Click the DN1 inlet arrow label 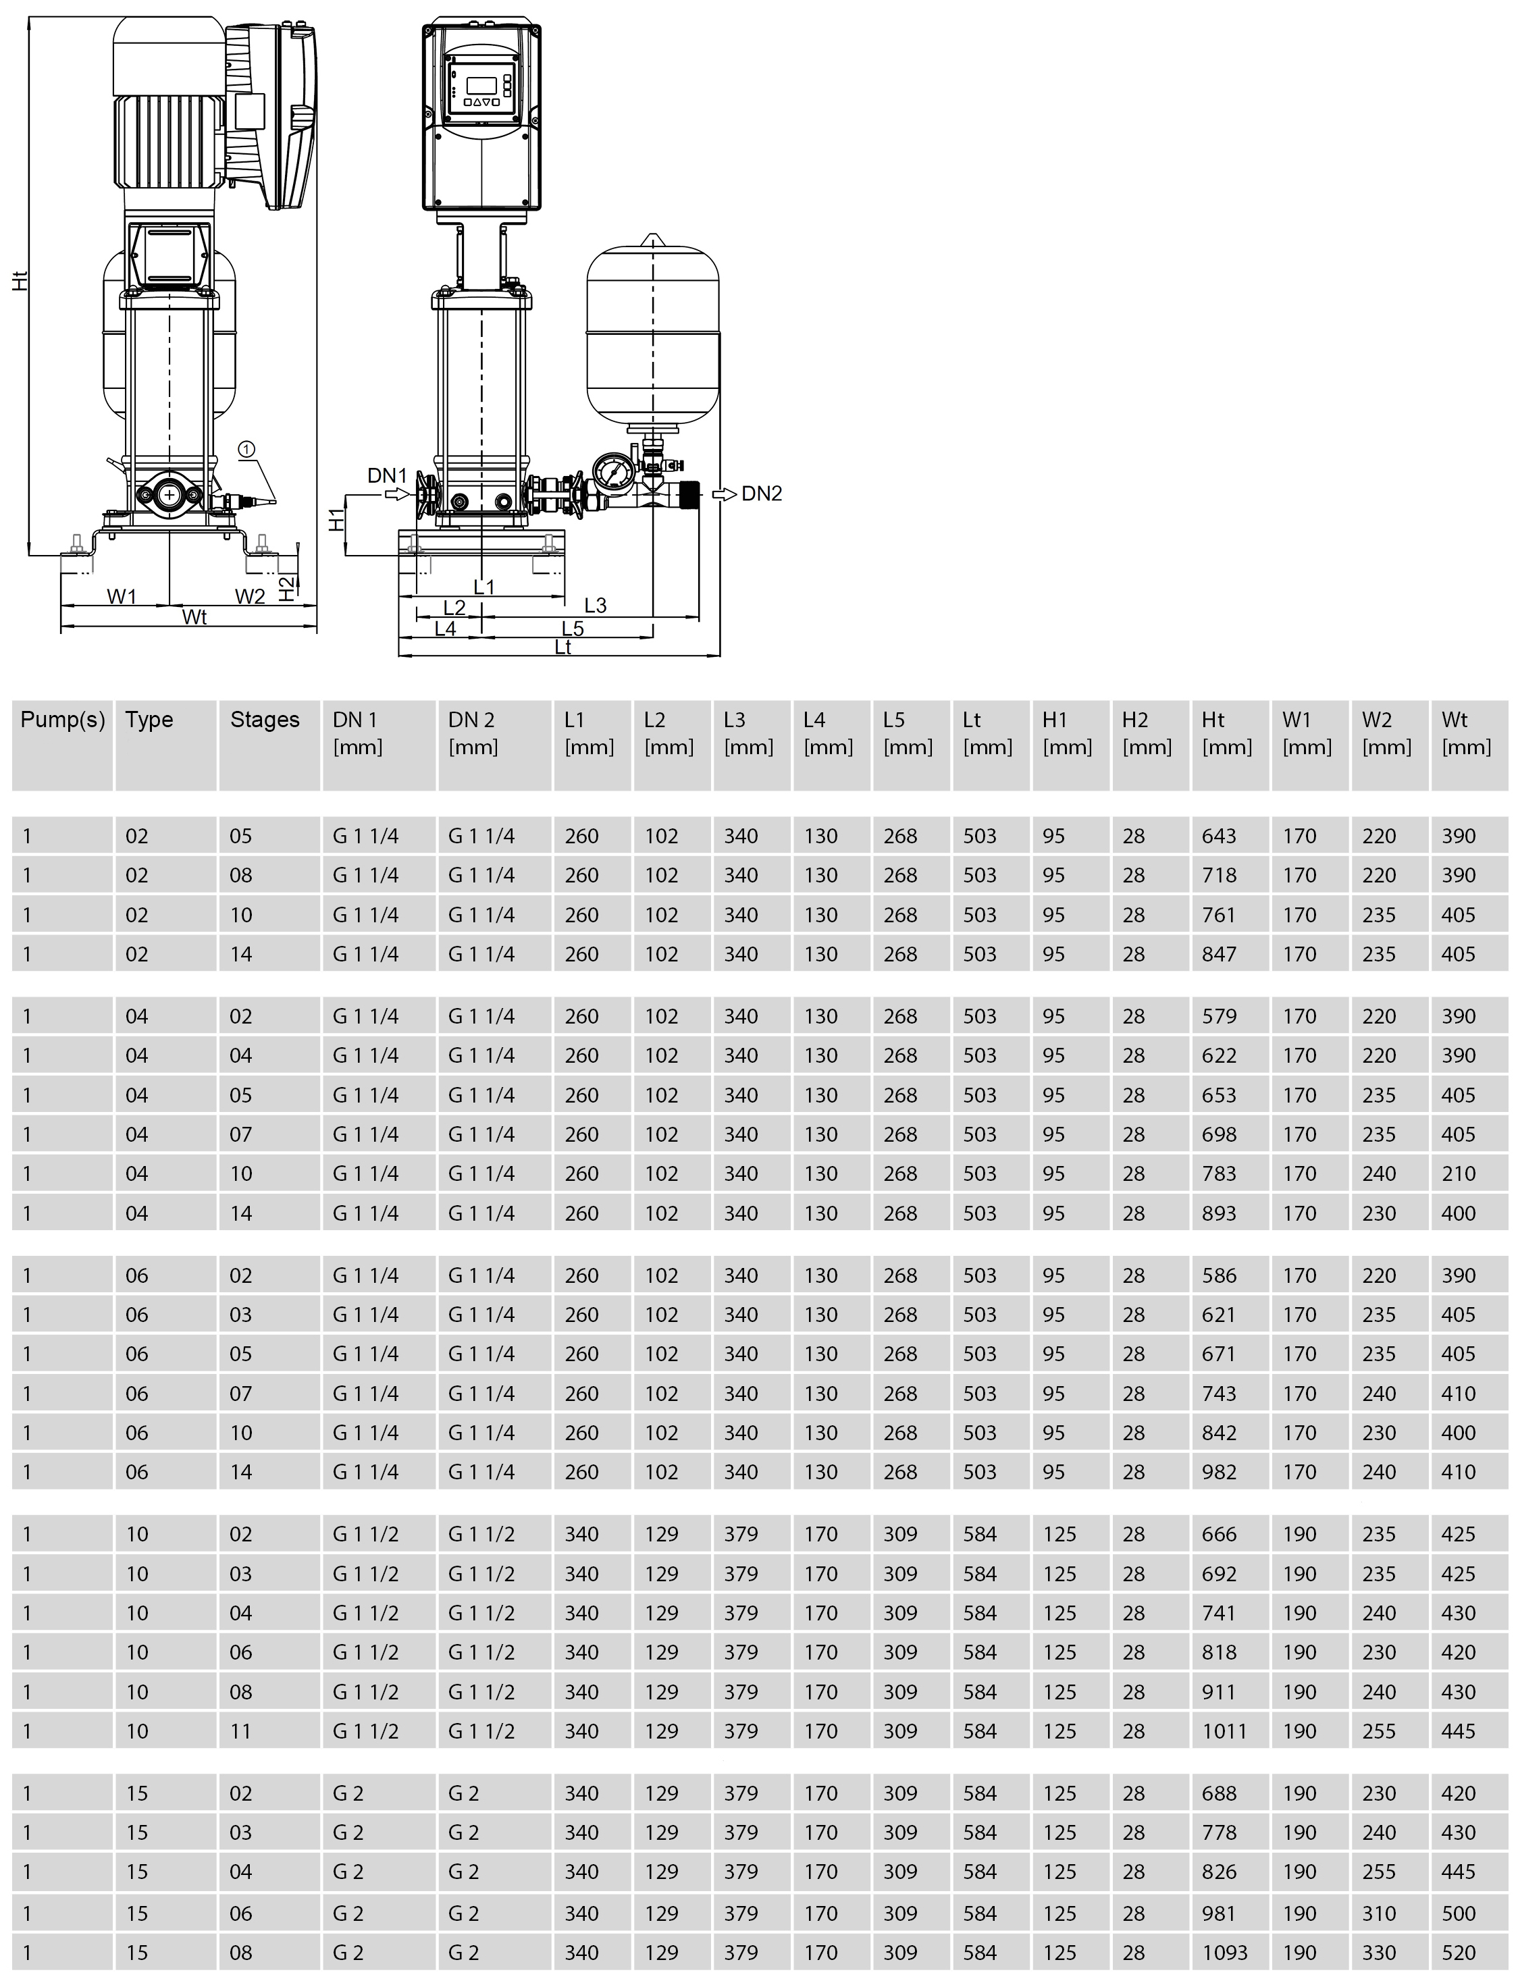[387, 475]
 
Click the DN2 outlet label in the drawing [761, 494]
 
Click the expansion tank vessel [652, 334]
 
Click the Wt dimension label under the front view [194, 617]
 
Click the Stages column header [265, 720]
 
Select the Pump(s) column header [62, 720]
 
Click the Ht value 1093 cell [1224, 1953]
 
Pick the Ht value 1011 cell [1224, 1731]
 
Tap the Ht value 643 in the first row [1218, 837]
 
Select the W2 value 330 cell [1379, 1953]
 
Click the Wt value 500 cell [1459, 1913]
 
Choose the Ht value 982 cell [1218, 1472]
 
